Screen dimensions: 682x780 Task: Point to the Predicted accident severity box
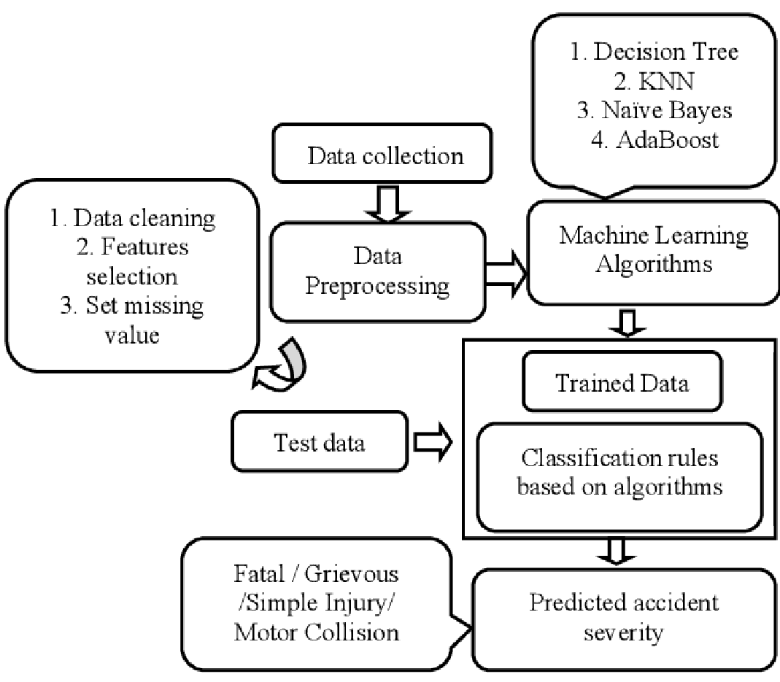[624, 618]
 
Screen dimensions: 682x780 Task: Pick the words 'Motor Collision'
[317, 632]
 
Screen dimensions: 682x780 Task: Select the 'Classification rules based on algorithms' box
[619, 473]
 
